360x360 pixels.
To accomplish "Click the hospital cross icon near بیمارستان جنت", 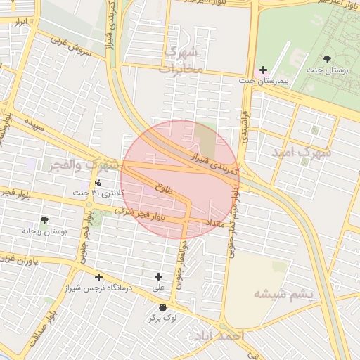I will (263, 70).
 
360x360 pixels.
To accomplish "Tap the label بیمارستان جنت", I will (264, 82).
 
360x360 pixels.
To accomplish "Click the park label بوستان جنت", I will (327, 70).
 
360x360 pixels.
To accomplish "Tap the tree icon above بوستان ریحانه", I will (45, 220).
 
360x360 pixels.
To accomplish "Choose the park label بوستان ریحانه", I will (44, 231).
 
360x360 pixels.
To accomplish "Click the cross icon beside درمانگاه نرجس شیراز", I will (98, 277).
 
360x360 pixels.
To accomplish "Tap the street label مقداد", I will (214, 221).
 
